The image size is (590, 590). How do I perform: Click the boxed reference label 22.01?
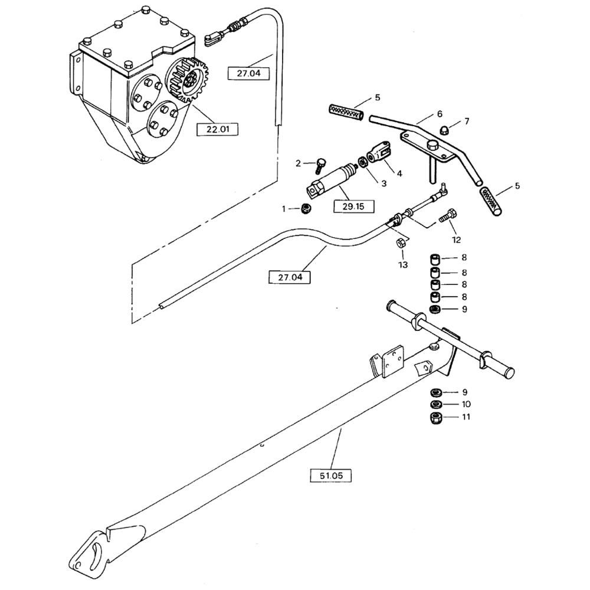[x=218, y=129]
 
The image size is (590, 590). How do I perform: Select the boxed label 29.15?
[x=353, y=206]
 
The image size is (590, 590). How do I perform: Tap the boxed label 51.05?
[x=331, y=476]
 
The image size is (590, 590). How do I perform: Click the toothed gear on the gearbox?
[x=188, y=80]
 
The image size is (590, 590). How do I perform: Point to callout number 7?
[x=467, y=121]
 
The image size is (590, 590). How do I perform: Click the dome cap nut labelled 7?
[x=445, y=130]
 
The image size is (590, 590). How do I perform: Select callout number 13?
[x=403, y=265]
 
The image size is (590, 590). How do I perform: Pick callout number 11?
[x=466, y=417]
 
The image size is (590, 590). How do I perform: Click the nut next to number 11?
[x=436, y=418]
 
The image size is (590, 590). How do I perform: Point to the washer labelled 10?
[x=436, y=405]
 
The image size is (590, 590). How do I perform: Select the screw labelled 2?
[x=320, y=165]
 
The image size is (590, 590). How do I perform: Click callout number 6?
[x=440, y=114]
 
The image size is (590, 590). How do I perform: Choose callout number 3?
[x=384, y=183]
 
